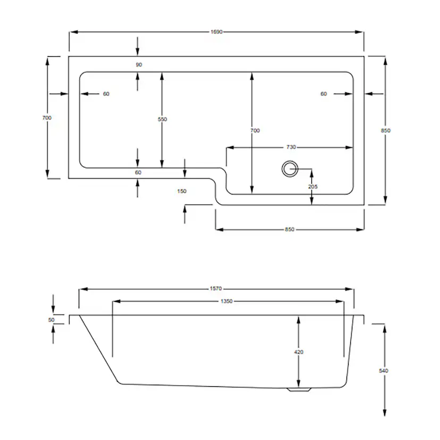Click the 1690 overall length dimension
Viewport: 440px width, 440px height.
[x=217, y=32]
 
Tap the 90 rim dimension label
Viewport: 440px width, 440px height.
[x=139, y=64]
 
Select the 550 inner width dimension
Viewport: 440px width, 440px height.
[x=162, y=119]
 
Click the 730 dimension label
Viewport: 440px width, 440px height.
[x=291, y=147]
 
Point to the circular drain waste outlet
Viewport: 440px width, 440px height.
[x=290, y=168]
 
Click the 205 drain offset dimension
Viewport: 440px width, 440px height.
[x=312, y=187]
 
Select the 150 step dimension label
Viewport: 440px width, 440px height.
[x=182, y=191]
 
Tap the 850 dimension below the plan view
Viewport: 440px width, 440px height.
[x=290, y=229]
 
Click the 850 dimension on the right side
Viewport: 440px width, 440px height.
[x=386, y=130]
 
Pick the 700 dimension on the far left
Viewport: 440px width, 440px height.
[x=47, y=118]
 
